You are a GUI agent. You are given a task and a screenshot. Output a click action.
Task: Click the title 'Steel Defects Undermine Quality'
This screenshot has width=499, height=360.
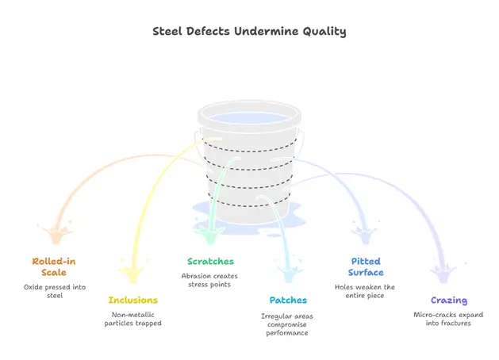pyautogui.click(x=249, y=32)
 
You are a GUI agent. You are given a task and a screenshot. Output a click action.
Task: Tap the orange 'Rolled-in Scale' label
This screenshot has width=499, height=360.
pyautogui.click(x=54, y=266)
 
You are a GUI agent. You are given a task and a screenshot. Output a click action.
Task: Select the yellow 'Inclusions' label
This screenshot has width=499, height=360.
pyautogui.click(x=132, y=300)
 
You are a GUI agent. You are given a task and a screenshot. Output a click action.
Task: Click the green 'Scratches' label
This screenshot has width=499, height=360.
pyautogui.click(x=210, y=261)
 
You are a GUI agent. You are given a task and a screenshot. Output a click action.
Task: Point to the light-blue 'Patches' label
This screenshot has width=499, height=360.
pyautogui.click(x=288, y=300)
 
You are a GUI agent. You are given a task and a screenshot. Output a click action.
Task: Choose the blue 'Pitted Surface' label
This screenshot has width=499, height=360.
pyautogui.click(x=366, y=266)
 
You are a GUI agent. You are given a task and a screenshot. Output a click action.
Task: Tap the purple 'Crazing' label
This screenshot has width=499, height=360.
pyautogui.click(x=448, y=300)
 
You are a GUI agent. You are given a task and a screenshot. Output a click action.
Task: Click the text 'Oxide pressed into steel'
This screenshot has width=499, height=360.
pyautogui.click(x=54, y=291)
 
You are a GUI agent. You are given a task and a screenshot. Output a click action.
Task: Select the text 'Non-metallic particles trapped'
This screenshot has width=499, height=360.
pyautogui.click(x=132, y=319)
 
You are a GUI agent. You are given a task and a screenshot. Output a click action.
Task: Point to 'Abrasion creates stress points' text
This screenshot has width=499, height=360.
pyautogui.click(x=210, y=280)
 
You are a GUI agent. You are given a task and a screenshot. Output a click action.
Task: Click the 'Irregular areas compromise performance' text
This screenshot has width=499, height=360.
pyautogui.click(x=288, y=324)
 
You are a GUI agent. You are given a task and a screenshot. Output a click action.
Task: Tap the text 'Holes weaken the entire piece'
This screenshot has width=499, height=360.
pyautogui.click(x=366, y=291)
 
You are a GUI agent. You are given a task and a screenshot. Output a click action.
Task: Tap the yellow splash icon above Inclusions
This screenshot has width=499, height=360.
pyautogui.click(x=132, y=272)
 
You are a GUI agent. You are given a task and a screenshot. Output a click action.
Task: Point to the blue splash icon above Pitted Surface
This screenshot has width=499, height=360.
pyautogui.click(x=365, y=233)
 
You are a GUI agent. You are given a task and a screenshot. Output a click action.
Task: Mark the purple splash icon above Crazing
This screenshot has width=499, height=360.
pyautogui.click(x=442, y=272)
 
